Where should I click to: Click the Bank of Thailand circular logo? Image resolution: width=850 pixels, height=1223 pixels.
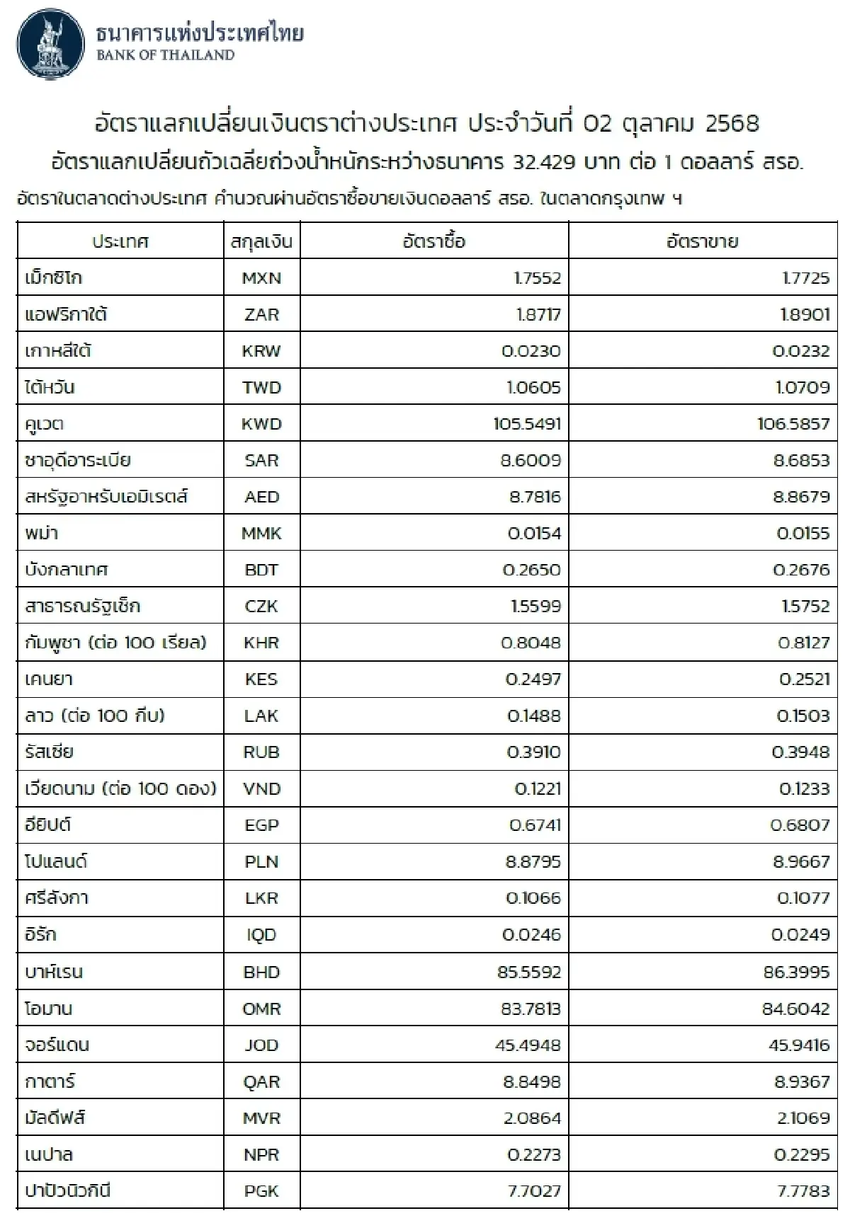(50, 44)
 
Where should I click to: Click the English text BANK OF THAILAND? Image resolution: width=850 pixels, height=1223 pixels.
(165, 55)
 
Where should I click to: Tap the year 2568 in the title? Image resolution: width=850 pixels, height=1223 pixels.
(732, 124)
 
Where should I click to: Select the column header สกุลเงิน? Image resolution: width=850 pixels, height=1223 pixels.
(261, 242)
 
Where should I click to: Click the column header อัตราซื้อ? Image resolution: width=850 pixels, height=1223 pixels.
(433, 242)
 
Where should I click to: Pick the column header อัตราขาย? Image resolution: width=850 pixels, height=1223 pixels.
(702, 242)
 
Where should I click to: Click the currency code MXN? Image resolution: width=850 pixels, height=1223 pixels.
(261, 278)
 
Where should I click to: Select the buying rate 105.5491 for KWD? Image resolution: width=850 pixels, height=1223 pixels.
(527, 424)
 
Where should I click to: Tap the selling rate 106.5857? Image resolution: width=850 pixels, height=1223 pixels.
(793, 424)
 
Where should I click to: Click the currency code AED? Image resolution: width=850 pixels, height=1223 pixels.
(261, 497)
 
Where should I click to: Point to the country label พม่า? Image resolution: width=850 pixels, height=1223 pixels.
(41, 533)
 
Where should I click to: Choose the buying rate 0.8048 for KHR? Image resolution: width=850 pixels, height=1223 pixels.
(531, 643)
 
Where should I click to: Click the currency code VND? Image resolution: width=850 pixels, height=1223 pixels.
(261, 788)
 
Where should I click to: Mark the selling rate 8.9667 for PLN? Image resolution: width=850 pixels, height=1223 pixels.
(801, 862)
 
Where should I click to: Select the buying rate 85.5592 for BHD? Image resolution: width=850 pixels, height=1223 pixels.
(529, 972)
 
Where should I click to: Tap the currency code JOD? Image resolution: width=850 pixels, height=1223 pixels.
(261, 1045)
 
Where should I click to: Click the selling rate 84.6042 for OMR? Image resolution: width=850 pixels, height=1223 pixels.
(795, 1009)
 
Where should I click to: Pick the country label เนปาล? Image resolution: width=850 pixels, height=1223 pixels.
(48, 1155)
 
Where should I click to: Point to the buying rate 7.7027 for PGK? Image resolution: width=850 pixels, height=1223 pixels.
(534, 1191)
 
